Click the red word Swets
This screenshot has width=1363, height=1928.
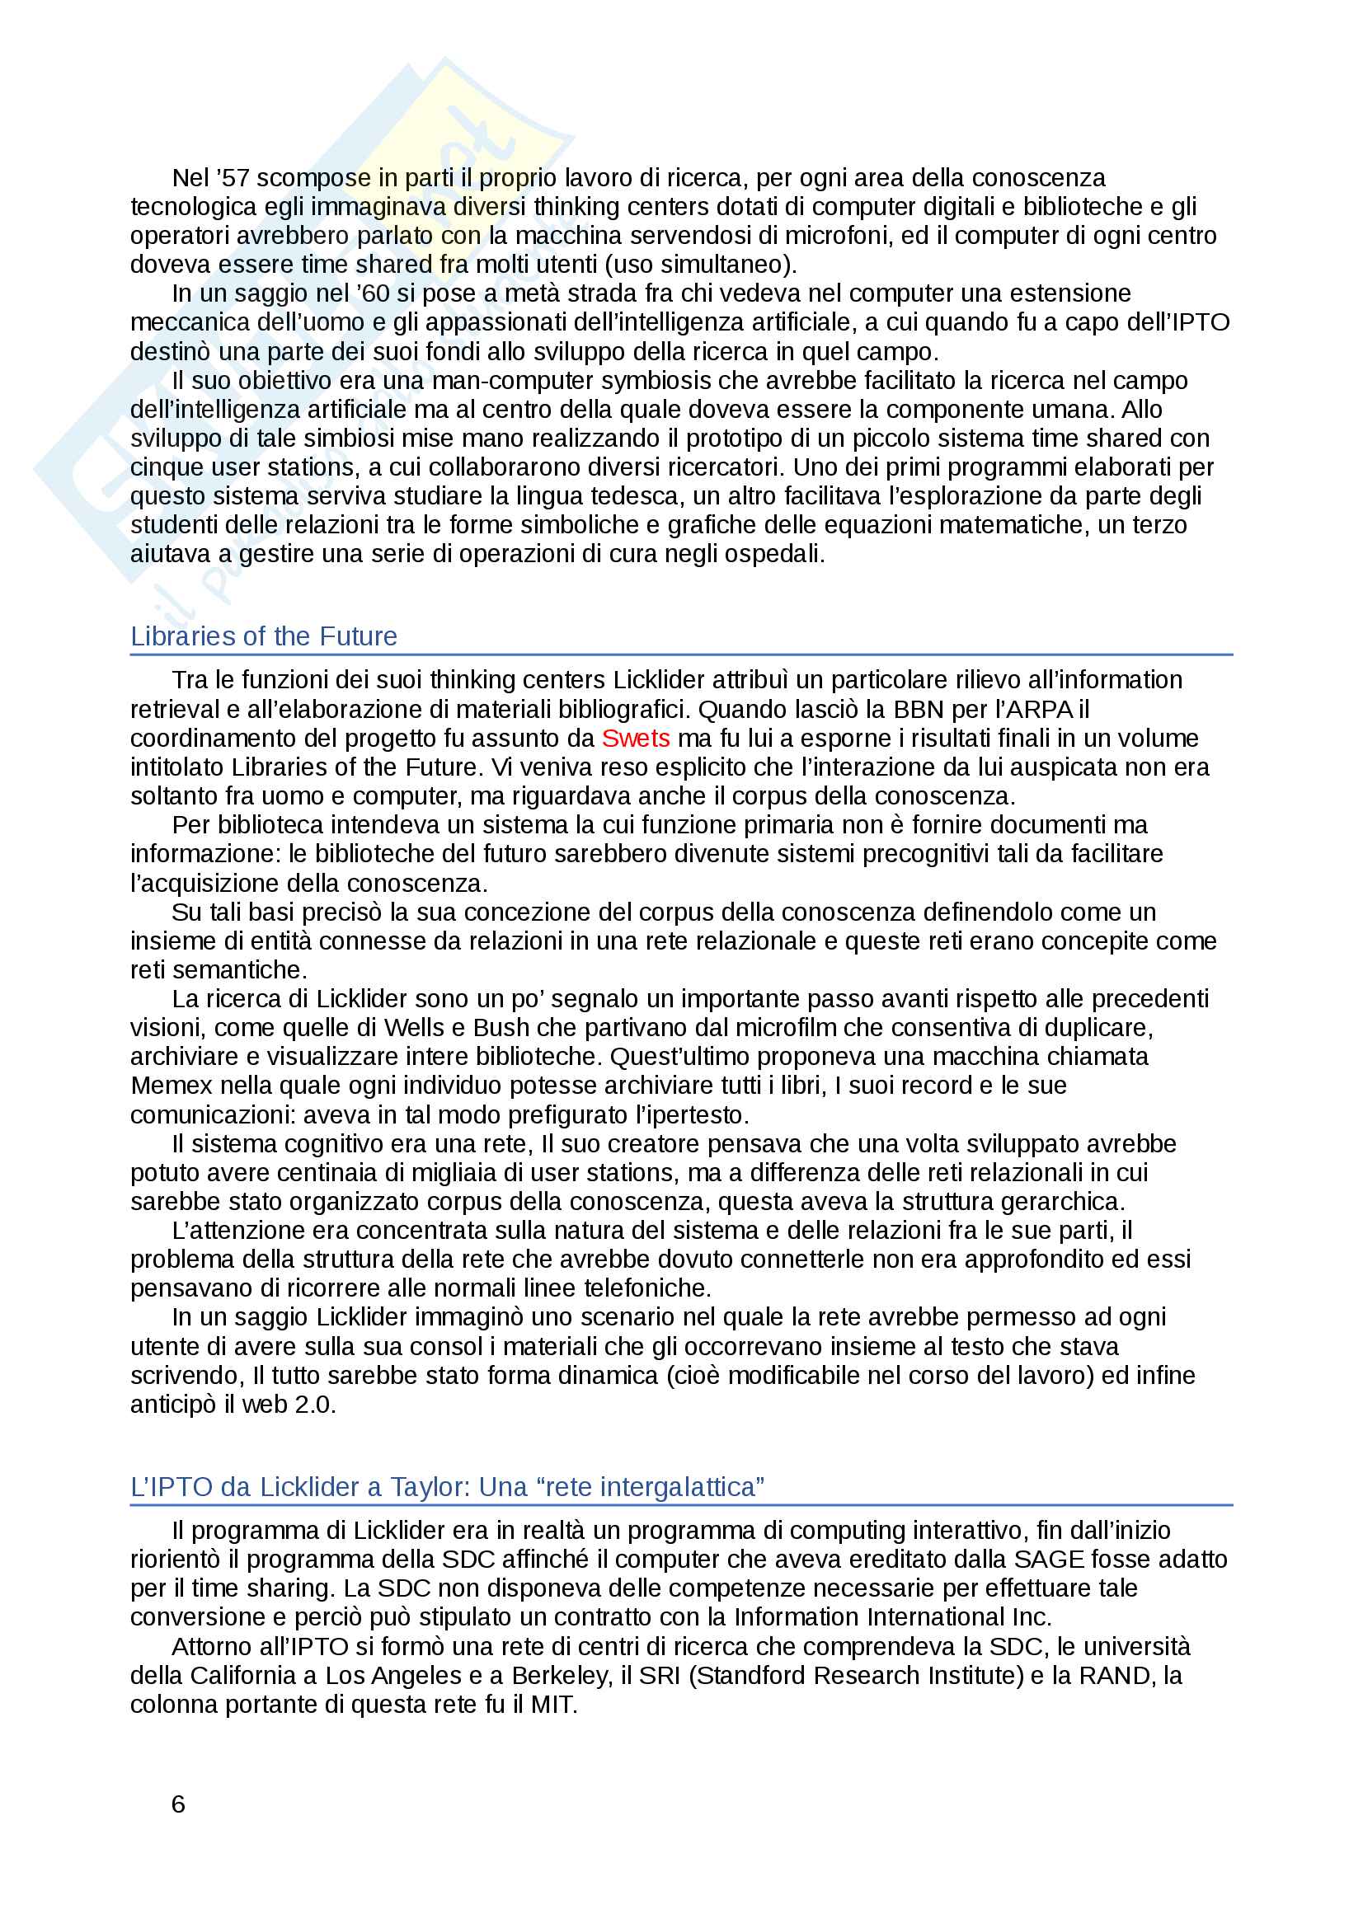pyautogui.click(x=635, y=738)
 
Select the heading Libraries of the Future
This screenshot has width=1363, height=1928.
pyautogui.click(x=264, y=636)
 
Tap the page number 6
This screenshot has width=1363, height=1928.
pyautogui.click(x=178, y=1804)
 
